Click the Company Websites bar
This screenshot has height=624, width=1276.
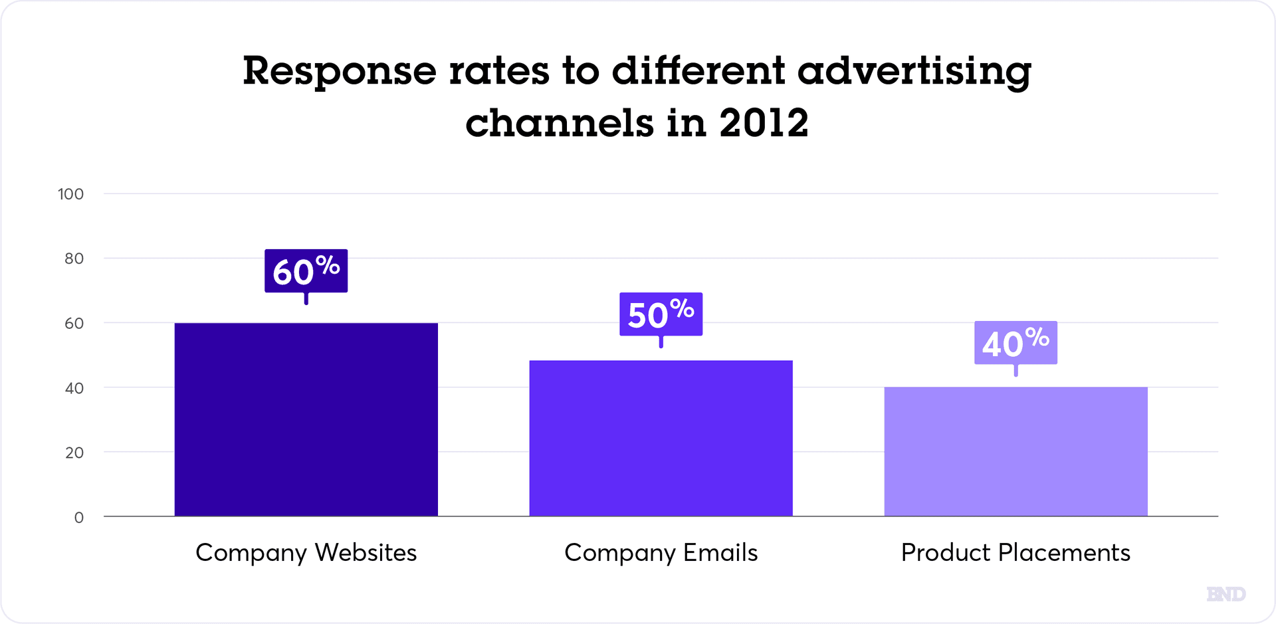(306, 419)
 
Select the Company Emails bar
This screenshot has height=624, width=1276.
(661, 438)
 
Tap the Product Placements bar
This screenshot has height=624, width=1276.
(1015, 451)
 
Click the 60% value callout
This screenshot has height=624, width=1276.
(306, 271)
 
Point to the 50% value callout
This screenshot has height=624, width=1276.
(661, 314)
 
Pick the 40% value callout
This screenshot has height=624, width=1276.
(1015, 343)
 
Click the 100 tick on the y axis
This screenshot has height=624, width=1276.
(70, 194)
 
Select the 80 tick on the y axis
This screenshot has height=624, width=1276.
(74, 259)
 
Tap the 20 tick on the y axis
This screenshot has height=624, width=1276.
(74, 453)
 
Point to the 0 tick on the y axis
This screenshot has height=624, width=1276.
(78, 517)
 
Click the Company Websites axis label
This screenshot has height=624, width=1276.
(306, 553)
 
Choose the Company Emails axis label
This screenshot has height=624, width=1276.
(661, 553)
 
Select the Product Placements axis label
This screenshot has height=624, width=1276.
(1015, 553)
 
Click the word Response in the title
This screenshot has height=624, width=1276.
(339, 71)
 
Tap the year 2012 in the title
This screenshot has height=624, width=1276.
(764, 123)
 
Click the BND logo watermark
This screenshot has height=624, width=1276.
(1225, 593)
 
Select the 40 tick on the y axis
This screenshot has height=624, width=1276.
(74, 388)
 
